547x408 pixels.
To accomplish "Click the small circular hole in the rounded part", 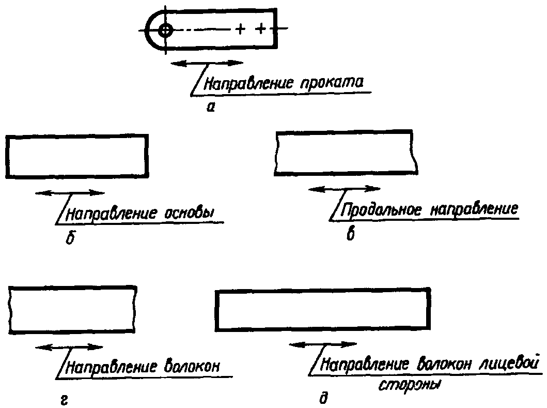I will [x=165, y=30].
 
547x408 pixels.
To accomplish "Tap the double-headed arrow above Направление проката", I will [x=207, y=63].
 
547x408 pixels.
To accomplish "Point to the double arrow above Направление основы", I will [x=70, y=193].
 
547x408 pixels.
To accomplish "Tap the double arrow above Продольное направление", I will [x=344, y=189].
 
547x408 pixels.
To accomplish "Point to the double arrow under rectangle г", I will [x=69, y=347].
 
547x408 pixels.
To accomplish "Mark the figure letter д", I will [x=323, y=398].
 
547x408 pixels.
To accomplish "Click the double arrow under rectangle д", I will [x=323, y=344].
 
